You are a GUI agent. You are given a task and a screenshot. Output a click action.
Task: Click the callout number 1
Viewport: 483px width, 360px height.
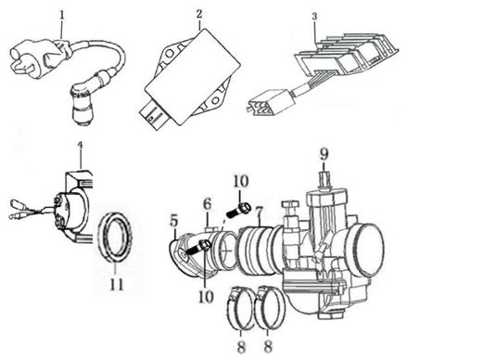coord(61,16)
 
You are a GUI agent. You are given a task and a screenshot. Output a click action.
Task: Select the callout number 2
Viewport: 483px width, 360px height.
coord(198,15)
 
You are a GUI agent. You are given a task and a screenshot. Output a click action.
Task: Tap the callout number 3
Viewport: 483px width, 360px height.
coord(314,17)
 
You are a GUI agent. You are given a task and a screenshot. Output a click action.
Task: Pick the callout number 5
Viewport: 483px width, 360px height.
coord(173,221)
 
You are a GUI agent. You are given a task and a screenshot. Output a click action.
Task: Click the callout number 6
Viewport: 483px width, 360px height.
coord(208,202)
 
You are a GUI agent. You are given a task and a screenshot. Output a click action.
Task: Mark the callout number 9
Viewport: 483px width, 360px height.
coord(324,152)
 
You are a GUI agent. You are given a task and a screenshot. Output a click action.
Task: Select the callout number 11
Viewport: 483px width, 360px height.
coord(115,284)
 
